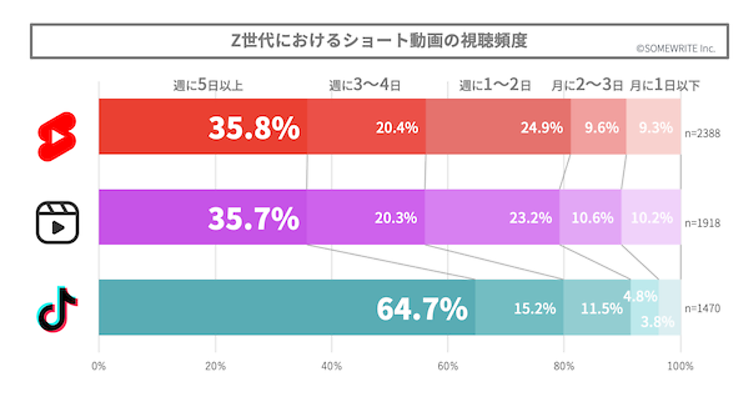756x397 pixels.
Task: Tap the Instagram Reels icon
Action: pos(57,222)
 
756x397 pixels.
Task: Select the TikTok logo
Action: pos(57,308)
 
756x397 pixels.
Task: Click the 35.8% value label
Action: pos(254,128)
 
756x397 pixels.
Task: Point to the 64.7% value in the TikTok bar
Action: pos(421,309)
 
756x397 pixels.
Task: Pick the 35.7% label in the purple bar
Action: pos(253,218)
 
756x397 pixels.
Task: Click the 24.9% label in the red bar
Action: pos(541,128)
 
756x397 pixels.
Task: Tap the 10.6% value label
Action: pos(592,218)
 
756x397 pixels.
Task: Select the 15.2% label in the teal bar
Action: pos(535,309)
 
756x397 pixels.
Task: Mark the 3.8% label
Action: pos(658,321)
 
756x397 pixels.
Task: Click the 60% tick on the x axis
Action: pos(448,366)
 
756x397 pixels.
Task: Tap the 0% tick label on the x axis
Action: pos(99,366)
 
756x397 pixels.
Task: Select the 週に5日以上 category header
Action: pos(208,86)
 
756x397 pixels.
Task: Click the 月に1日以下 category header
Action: pos(664,86)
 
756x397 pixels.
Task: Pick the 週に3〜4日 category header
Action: pos(365,86)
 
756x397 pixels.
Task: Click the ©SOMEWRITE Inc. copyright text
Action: pos(675,48)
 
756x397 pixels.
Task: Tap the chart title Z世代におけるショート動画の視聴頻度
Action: pos(378,40)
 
